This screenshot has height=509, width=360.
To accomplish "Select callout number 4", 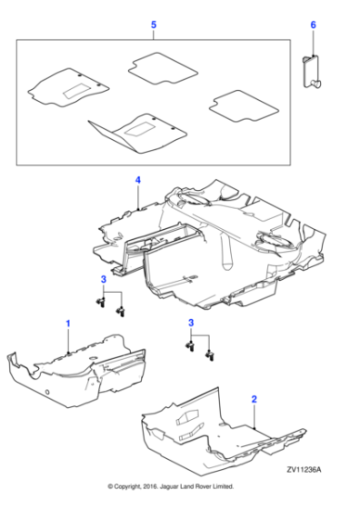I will pyautogui.click(x=137, y=181).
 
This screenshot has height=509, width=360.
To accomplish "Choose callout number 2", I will pyautogui.click(x=254, y=398).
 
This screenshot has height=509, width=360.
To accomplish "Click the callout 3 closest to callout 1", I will pyautogui.click(x=104, y=278).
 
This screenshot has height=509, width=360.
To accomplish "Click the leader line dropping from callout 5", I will pyautogui.click(x=153, y=34).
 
